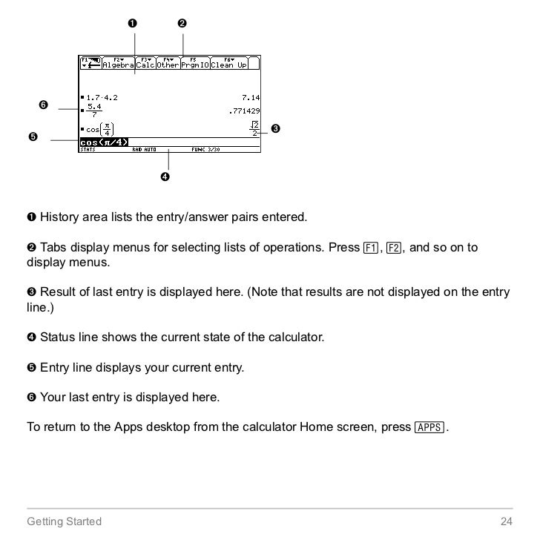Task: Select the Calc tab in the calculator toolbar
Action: click(x=145, y=64)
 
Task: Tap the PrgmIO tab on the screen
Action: click(x=196, y=64)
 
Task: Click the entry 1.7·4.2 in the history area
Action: click(x=101, y=97)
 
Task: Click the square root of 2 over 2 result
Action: click(x=254, y=129)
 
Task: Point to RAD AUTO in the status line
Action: click(x=144, y=149)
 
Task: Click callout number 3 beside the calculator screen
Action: click(x=275, y=130)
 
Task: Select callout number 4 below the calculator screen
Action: click(x=165, y=177)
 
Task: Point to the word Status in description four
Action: click(x=56, y=337)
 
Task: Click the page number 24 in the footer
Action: click(x=507, y=521)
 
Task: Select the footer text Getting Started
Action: click(x=64, y=521)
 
